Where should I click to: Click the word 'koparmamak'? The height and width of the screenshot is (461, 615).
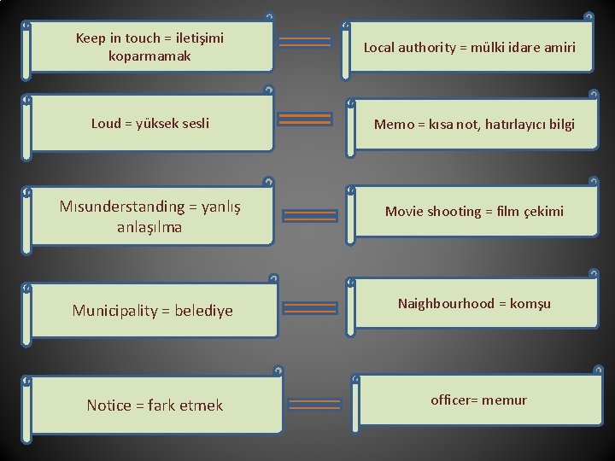point(149,56)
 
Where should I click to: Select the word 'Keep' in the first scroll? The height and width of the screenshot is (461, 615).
point(91,38)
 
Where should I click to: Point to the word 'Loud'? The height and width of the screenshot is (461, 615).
point(106,124)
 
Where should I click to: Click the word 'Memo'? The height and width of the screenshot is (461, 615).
point(394,125)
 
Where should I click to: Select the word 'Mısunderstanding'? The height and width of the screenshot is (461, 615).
point(122,207)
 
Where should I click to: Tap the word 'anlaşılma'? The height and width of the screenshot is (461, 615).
point(149,228)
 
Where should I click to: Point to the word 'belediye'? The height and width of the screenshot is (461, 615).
point(203,311)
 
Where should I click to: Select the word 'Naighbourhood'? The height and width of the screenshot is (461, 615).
point(445,304)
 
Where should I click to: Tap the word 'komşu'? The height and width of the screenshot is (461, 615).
point(531,304)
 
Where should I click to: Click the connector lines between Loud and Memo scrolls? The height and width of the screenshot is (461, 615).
point(306,120)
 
